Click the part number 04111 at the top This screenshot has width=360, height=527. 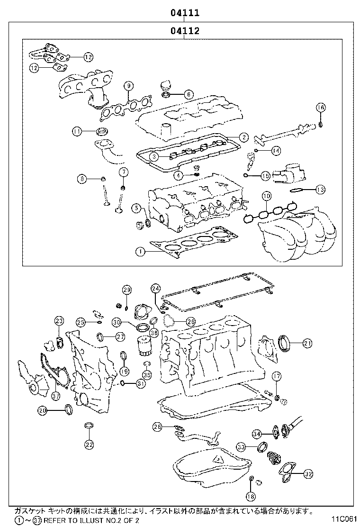coord(185,13)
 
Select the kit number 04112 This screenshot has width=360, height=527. coord(185,31)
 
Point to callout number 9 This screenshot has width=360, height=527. coord(128,86)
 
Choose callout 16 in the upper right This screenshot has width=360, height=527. coord(321,108)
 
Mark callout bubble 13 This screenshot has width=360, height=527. coord(320,190)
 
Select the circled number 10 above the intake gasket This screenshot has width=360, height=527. coord(266,196)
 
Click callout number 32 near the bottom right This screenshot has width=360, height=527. coord(308,473)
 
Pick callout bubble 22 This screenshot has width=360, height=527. coord(89,444)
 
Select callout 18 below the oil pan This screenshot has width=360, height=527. coord(250,496)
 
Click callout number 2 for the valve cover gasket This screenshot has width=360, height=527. coord(243,137)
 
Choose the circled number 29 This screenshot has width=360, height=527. coord(126,290)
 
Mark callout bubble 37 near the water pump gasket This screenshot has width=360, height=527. coord(55,396)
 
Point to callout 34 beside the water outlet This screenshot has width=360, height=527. coord(256,434)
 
